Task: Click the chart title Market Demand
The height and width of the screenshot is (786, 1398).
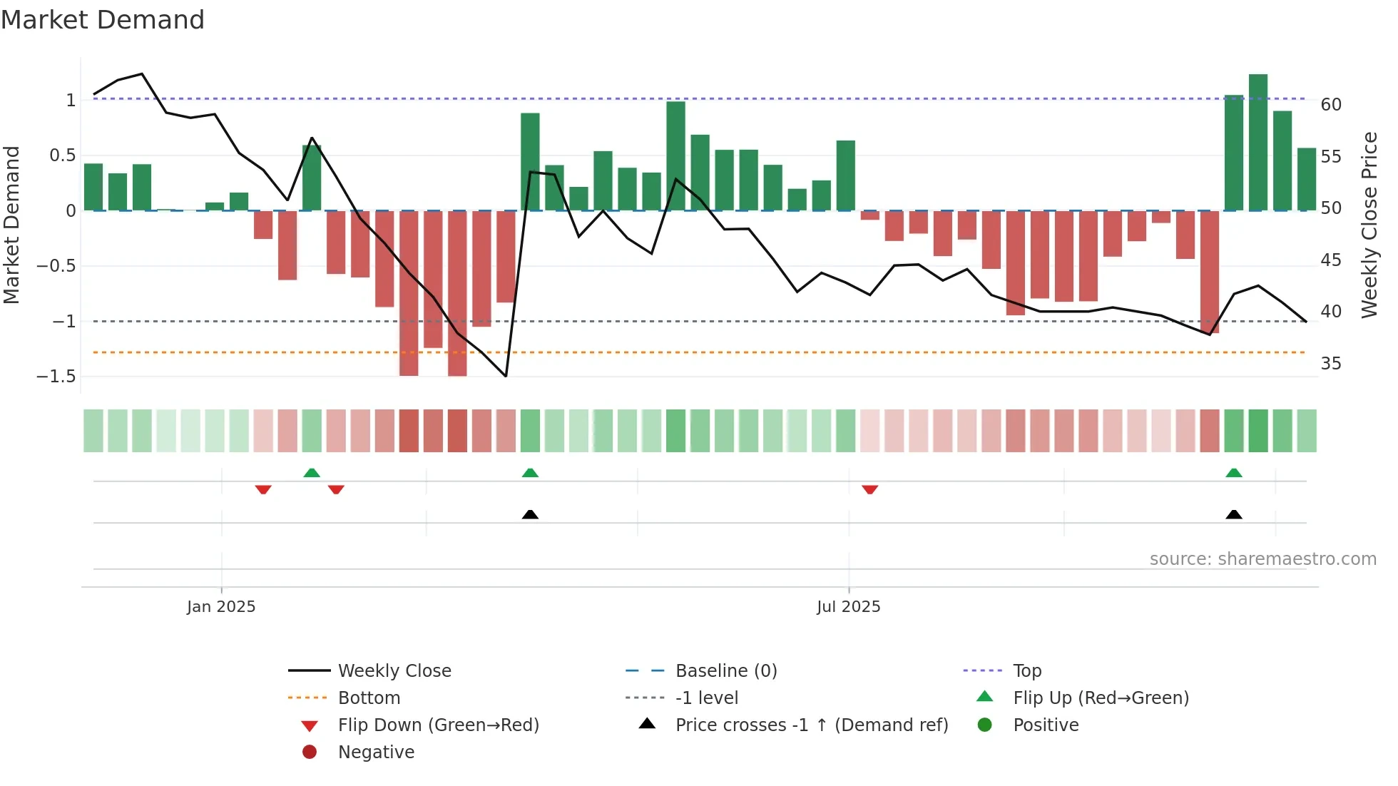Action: pyautogui.click(x=103, y=20)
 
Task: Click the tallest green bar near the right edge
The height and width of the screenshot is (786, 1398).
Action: pyautogui.click(x=1257, y=143)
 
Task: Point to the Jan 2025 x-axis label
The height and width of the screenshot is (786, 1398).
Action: pyautogui.click(x=221, y=607)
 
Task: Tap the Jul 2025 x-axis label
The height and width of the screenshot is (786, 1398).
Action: pyautogui.click(x=848, y=607)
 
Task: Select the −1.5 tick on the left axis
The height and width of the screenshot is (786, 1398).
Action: pyautogui.click(x=56, y=377)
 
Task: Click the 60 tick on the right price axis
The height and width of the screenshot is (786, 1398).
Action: pyautogui.click(x=1330, y=105)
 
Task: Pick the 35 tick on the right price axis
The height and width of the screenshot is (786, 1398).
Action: pyautogui.click(x=1330, y=364)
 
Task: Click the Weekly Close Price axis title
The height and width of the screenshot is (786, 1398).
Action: pyautogui.click(x=1369, y=225)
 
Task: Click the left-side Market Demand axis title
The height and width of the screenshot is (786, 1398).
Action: pyautogui.click(x=12, y=225)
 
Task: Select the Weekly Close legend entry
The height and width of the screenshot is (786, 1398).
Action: pyautogui.click(x=394, y=671)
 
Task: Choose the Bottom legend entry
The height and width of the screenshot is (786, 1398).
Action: pyautogui.click(x=369, y=698)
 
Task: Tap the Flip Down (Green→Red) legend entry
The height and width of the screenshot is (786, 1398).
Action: pyautogui.click(x=438, y=725)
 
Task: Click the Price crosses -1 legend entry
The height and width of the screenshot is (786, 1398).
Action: pyautogui.click(x=811, y=725)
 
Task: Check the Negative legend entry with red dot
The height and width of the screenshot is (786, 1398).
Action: pyautogui.click(x=376, y=752)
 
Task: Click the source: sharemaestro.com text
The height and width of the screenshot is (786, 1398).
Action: pyautogui.click(x=1262, y=559)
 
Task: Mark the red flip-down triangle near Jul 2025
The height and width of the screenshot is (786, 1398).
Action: pyautogui.click(x=869, y=489)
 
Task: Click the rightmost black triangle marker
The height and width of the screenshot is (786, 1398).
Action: pyautogui.click(x=1233, y=514)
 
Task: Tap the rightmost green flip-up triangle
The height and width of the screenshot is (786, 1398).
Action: pyautogui.click(x=1233, y=473)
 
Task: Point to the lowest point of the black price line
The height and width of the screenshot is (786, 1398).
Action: pyautogui.click(x=506, y=376)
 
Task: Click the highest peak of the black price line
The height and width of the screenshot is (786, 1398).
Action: pyautogui.click(x=142, y=73)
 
